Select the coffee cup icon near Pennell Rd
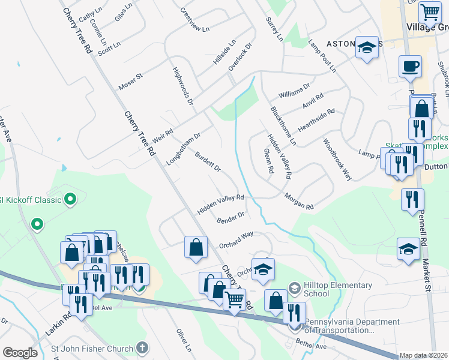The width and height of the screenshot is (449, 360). click(410, 67)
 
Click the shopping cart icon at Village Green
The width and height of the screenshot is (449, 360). click(429, 13)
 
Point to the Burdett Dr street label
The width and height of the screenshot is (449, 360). click(208, 161)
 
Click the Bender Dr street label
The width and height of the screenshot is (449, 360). click(231, 217)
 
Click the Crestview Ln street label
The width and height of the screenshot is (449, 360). click(195, 20)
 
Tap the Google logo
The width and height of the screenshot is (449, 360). click(20, 353)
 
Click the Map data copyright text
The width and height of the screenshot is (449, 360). click(424, 355)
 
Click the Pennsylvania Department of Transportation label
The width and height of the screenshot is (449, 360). click(352, 326)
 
